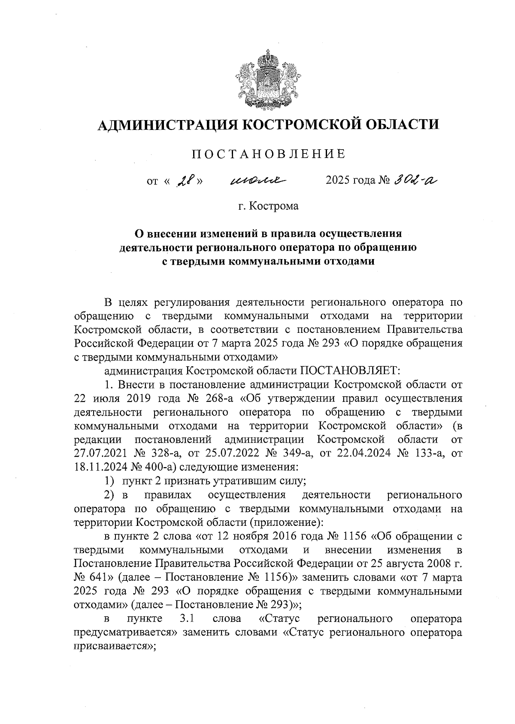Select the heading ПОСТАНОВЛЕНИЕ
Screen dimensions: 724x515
pyautogui.click(x=268, y=154)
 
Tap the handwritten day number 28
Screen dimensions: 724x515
pyautogui.click(x=184, y=181)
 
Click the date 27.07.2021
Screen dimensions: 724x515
pyautogui.click(x=100, y=453)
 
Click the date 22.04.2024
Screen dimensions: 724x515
pyautogui.click(x=360, y=453)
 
